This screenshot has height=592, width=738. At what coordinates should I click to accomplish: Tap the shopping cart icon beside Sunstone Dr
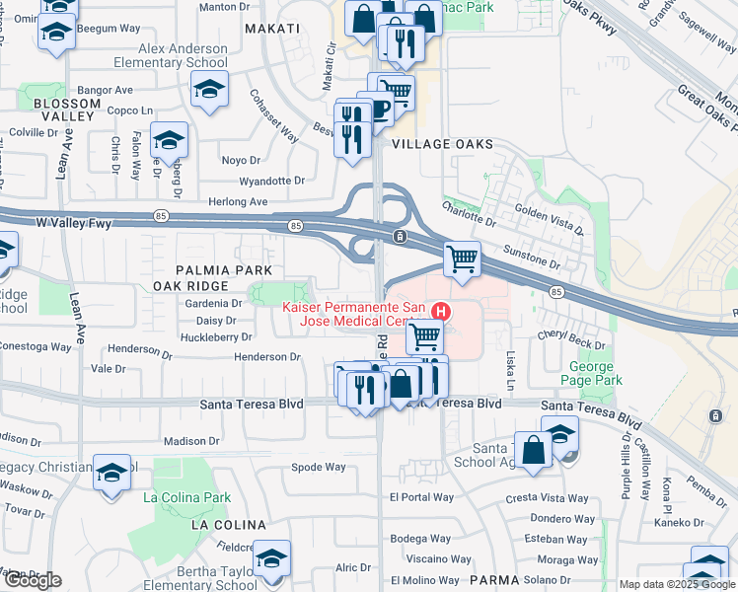point(462,259)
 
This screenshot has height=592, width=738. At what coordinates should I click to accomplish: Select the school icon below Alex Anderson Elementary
point(209,91)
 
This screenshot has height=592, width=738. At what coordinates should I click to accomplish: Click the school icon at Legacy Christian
point(111,472)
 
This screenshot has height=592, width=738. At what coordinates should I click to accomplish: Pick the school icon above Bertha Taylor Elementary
point(271,557)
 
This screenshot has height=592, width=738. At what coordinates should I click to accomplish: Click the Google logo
point(32,580)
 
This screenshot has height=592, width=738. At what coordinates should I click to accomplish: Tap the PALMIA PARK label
point(209,269)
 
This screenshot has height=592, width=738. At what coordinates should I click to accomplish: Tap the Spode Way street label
point(319,467)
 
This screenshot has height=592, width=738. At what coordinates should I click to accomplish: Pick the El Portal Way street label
point(421,496)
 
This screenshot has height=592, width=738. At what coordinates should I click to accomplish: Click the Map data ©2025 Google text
point(676,584)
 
